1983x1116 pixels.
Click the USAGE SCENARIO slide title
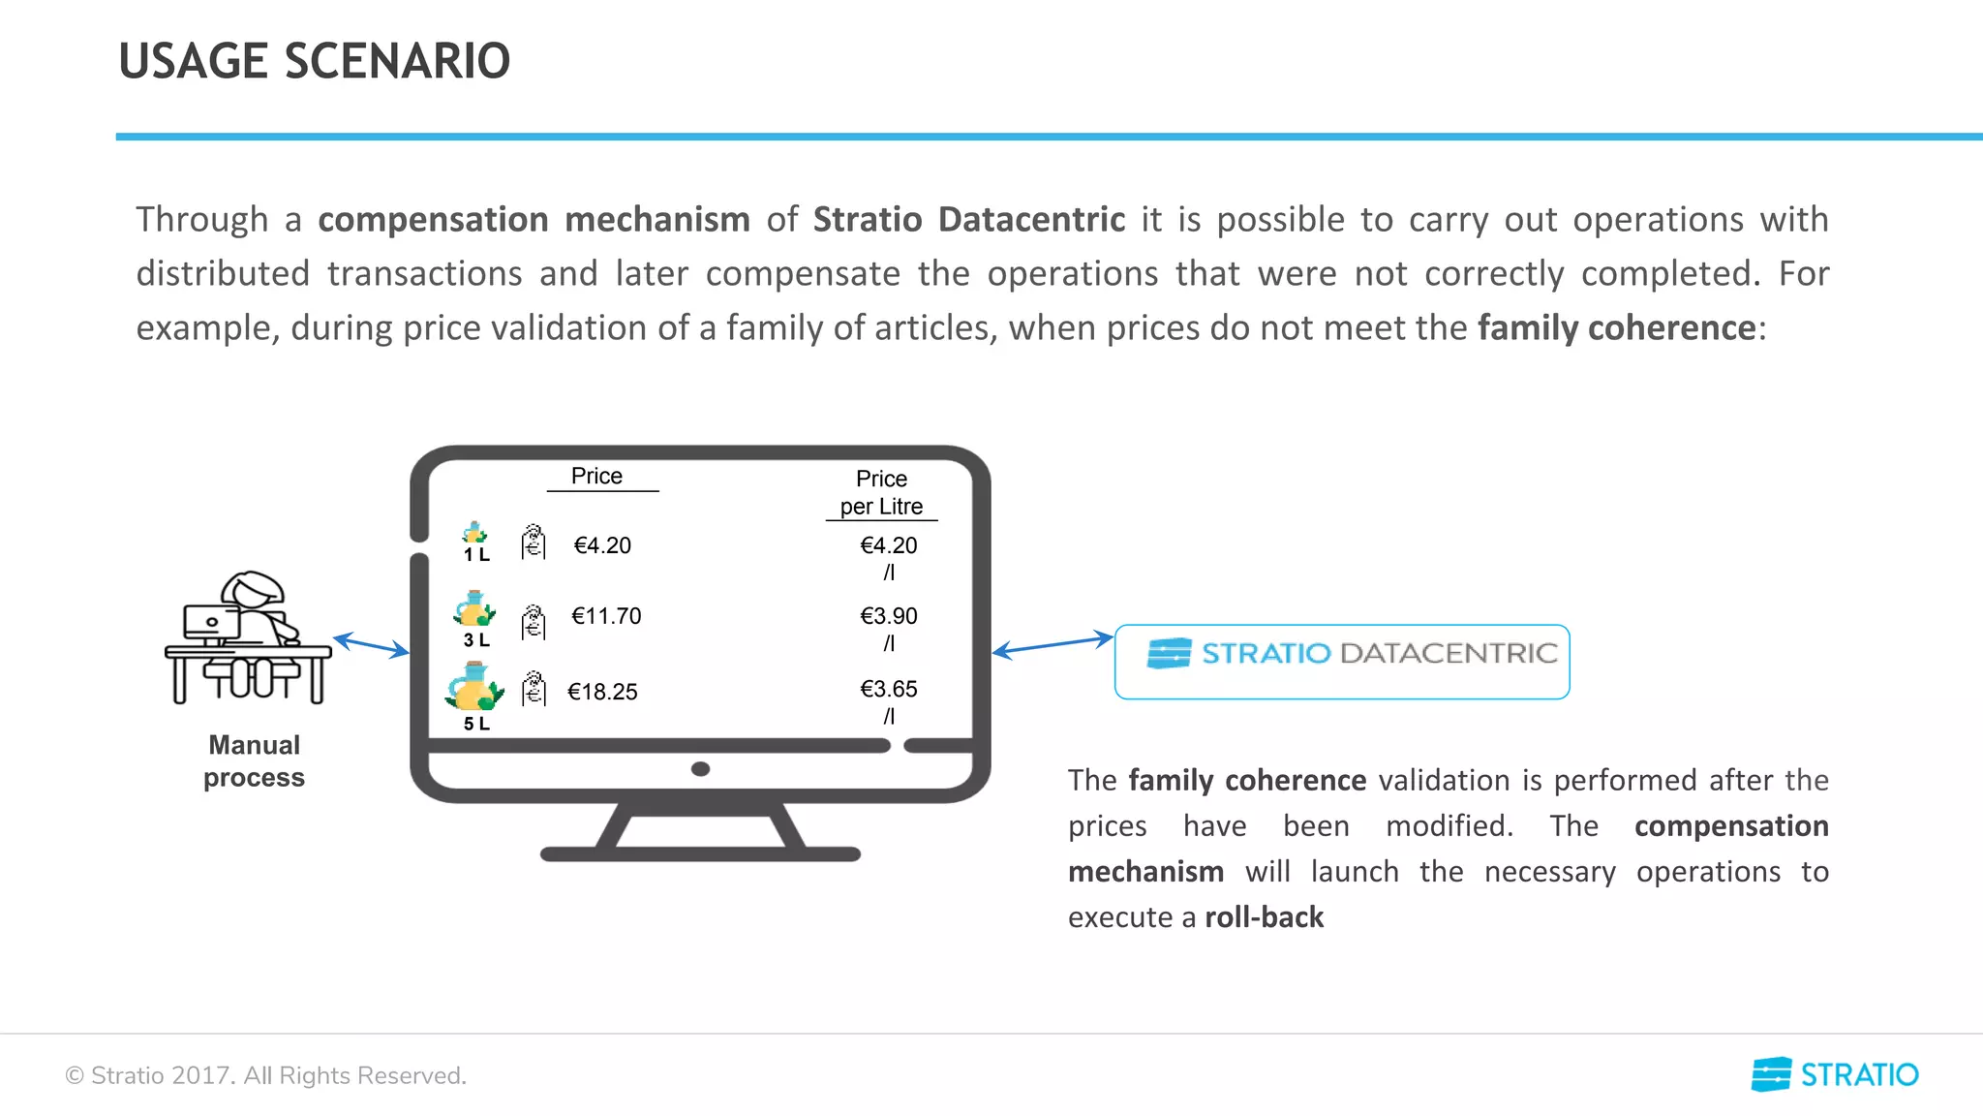pos(314,61)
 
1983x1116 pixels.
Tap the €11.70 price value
pos(606,616)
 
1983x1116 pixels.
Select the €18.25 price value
pos(602,692)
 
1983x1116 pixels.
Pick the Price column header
pos(596,476)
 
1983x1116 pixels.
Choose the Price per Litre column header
pos(881,492)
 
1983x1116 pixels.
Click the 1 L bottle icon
pos(474,534)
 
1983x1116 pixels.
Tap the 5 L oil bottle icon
pos(473,687)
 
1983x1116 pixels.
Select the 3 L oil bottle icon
pos(473,609)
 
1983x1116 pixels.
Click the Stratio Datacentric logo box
pos(1342,662)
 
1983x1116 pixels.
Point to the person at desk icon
pos(248,637)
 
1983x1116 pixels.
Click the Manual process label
pos(254,761)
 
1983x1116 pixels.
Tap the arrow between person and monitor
pos(371,645)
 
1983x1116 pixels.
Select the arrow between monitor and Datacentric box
pos(1053,644)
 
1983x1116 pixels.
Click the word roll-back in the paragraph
pos(1264,917)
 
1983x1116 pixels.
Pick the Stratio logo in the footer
pos(1834,1074)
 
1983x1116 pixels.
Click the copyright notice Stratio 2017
pos(265,1075)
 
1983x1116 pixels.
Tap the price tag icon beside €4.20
pos(534,542)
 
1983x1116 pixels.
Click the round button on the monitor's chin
pos(701,769)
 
